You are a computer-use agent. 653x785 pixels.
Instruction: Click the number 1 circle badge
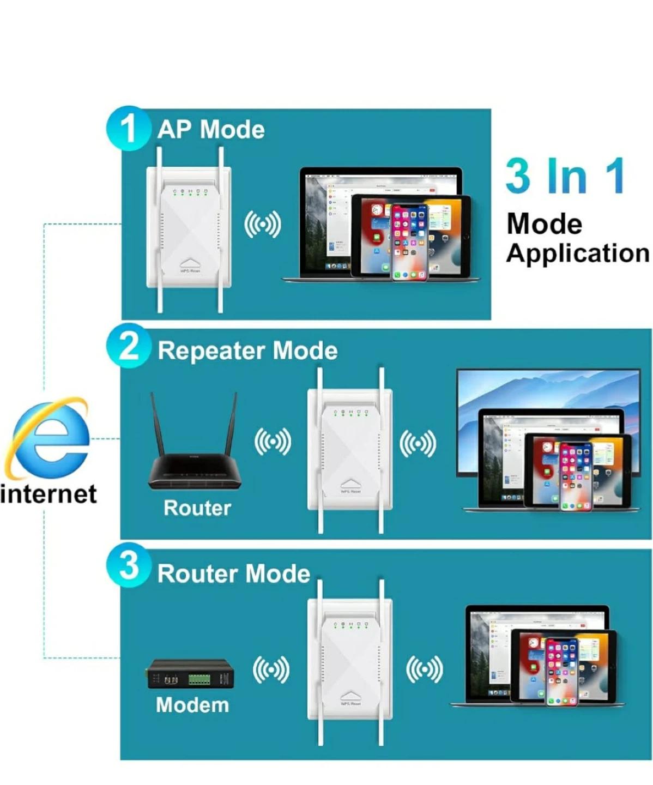click(128, 128)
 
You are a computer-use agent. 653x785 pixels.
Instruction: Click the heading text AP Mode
click(211, 130)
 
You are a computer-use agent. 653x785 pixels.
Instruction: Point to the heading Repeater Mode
click(247, 351)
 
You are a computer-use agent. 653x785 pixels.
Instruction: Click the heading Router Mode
click(233, 573)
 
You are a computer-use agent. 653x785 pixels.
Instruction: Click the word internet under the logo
click(49, 494)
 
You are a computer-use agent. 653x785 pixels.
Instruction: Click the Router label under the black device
click(197, 508)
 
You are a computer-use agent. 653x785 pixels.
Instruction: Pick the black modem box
click(191, 675)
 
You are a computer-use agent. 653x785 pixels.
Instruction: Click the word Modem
click(192, 705)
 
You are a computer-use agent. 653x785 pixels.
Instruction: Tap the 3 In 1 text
click(565, 176)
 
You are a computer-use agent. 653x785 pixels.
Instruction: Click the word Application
click(578, 253)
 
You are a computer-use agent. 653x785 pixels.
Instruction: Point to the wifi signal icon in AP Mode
click(262, 224)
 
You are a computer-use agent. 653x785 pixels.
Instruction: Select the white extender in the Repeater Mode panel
click(350, 450)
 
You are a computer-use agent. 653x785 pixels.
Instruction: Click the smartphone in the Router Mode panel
click(561, 672)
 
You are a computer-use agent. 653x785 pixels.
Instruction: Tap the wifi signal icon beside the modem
click(271, 669)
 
